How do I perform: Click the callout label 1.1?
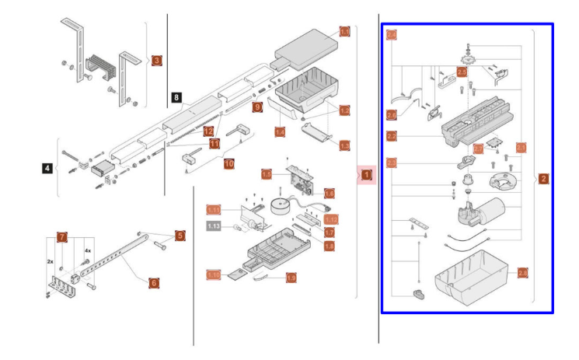coord(345,32)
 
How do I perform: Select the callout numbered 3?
coord(156,60)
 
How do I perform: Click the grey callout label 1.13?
coord(215,226)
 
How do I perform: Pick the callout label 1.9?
coord(291,276)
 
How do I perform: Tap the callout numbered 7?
coord(61,236)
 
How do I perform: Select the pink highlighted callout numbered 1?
coord(365,175)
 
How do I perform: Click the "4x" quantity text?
coord(88,251)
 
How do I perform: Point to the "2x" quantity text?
coord(50,261)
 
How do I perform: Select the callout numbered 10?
coord(228,164)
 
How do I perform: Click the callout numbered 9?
coord(257,107)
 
